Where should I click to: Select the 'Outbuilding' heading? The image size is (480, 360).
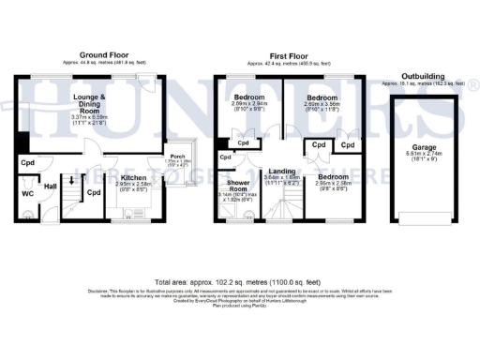pyautogui.click(x=424, y=75)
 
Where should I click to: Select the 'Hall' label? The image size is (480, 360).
pyautogui.click(x=51, y=187)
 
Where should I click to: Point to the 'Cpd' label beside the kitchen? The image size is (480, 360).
pyautogui.click(x=95, y=193)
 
